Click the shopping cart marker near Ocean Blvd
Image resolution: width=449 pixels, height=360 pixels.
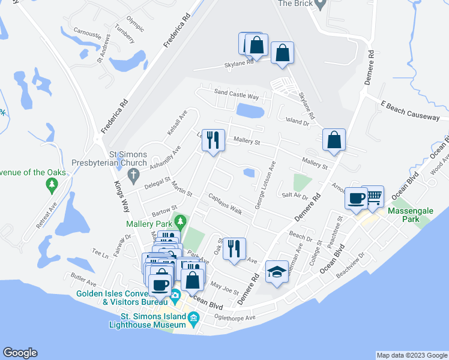[x=373, y=196]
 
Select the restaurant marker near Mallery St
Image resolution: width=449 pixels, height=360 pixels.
[x=212, y=140]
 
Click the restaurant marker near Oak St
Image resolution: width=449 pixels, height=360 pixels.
[x=234, y=248]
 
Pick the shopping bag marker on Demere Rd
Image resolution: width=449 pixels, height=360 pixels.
[x=333, y=140]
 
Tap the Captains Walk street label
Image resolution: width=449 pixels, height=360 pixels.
[x=225, y=204]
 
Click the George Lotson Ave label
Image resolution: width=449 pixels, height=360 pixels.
[x=266, y=186]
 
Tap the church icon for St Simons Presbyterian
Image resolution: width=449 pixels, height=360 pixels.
[x=133, y=174]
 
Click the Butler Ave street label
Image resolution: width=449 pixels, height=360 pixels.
[x=83, y=281]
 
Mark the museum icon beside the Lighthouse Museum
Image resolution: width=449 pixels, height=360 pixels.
[x=193, y=319]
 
